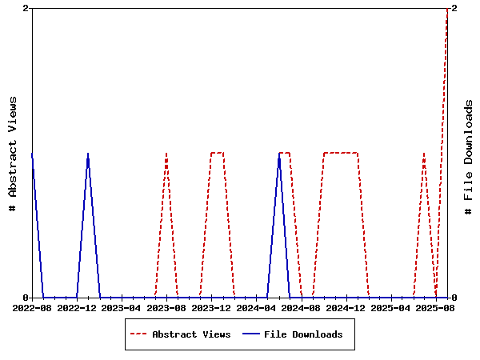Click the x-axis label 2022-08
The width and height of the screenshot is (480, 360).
[x=32, y=307]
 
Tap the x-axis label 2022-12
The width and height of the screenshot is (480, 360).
[x=77, y=307]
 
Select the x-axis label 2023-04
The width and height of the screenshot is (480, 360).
[x=122, y=307]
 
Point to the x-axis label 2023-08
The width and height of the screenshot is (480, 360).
[x=166, y=307]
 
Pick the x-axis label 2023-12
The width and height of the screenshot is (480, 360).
[x=211, y=307]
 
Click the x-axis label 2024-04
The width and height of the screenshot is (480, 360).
[x=256, y=307]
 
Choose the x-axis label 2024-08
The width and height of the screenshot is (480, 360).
[x=302, y=307]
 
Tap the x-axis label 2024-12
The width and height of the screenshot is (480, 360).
[x=346, y=307]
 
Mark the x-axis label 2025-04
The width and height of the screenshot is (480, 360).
[x=391, y=307]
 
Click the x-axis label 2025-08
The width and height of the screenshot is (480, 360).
[x=436, y=307]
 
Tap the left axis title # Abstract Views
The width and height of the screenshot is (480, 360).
[x=13, y=153]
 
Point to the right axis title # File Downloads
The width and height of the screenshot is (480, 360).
[x=469, y=157]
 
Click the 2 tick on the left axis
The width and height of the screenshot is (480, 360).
[x=26, y=8]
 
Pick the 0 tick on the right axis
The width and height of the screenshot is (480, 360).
[x=454, y=298]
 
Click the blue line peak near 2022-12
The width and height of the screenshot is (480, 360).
[x=88, y=153]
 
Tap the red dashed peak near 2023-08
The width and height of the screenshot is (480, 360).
[x=166, y=153]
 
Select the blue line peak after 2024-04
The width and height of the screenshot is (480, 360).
[x=279, y=153]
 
